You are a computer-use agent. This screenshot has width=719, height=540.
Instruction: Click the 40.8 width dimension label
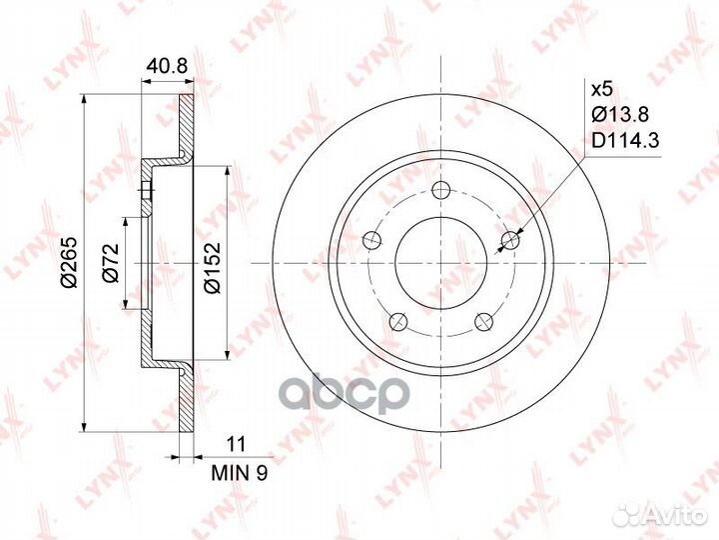pyautogui.click(x=167, y=67)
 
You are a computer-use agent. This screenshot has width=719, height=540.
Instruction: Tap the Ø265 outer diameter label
pyautogui.click(x=70, y=263)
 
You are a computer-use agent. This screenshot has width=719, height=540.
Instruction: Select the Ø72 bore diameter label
pyautogui.click(x=111, y=263)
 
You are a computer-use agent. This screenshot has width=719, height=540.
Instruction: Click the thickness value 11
pyautogui.click(x=236, y=444)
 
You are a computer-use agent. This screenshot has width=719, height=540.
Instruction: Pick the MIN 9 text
pyautogui.click(x=239, y=473)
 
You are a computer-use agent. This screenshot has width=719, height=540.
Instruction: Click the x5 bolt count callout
pyautogui.click(x=601, y=90)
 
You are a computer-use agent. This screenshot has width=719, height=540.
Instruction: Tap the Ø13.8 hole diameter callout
pyautogui.click(x=620, y=114)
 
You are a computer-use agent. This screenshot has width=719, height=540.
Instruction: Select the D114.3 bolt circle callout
pyautogui.click(x=625, y=140)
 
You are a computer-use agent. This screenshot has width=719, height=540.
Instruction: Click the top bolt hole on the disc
pyautogui.click(x=440, y=190)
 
